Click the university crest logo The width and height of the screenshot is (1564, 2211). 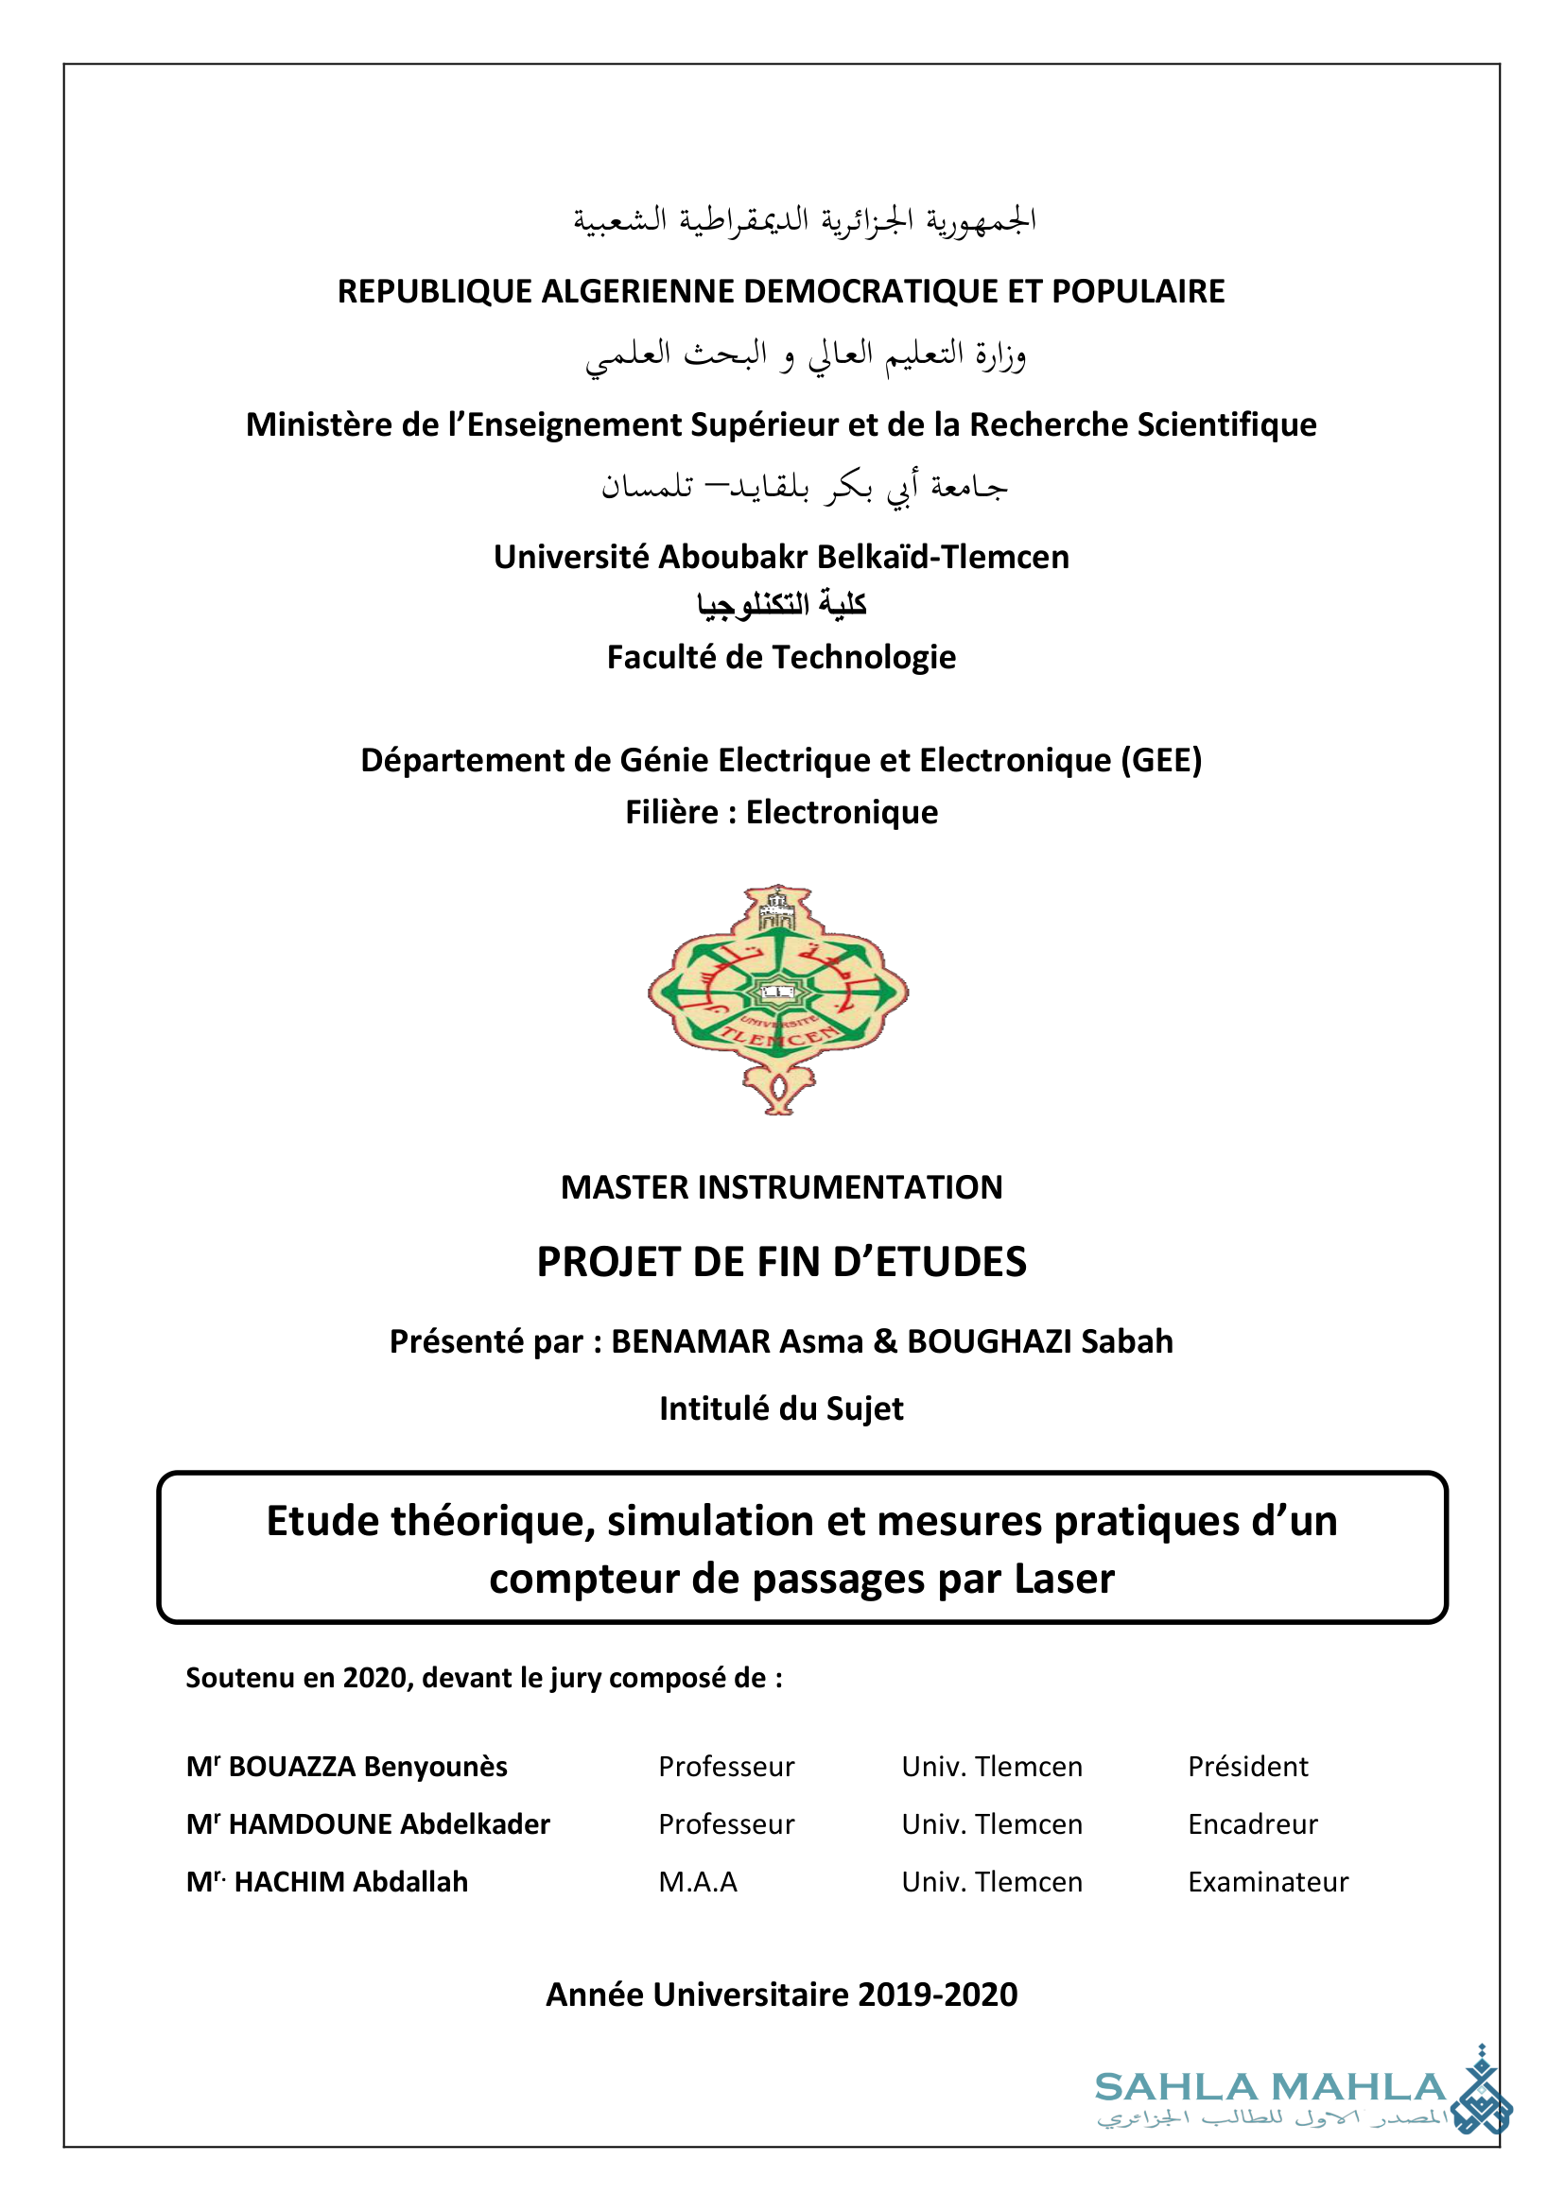pos(778,998)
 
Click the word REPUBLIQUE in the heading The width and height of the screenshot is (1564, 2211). pos(434,292)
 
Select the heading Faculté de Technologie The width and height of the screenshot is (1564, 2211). pos(781,658)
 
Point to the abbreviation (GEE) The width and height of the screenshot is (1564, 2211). pos(1160,761)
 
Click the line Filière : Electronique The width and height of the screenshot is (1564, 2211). pos(781,813)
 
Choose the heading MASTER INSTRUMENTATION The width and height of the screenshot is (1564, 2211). pos(781,1187)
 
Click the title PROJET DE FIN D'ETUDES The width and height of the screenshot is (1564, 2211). pos(781,1263)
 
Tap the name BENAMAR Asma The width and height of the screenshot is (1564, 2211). pos(738,1341)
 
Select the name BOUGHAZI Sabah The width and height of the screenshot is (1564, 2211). pos(1040,1341)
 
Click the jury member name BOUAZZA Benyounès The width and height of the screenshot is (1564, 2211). pos(367,1767)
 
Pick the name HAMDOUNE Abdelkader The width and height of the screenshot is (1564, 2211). pos(388,1824)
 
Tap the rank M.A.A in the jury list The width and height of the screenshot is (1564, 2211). pos(697,1883)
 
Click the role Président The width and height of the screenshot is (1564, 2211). pos(1247,1767)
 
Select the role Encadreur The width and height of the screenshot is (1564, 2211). pos(1252,1824)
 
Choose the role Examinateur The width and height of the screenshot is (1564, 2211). pos(1267,1883)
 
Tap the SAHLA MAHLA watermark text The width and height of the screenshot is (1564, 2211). pos(1270,2088)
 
